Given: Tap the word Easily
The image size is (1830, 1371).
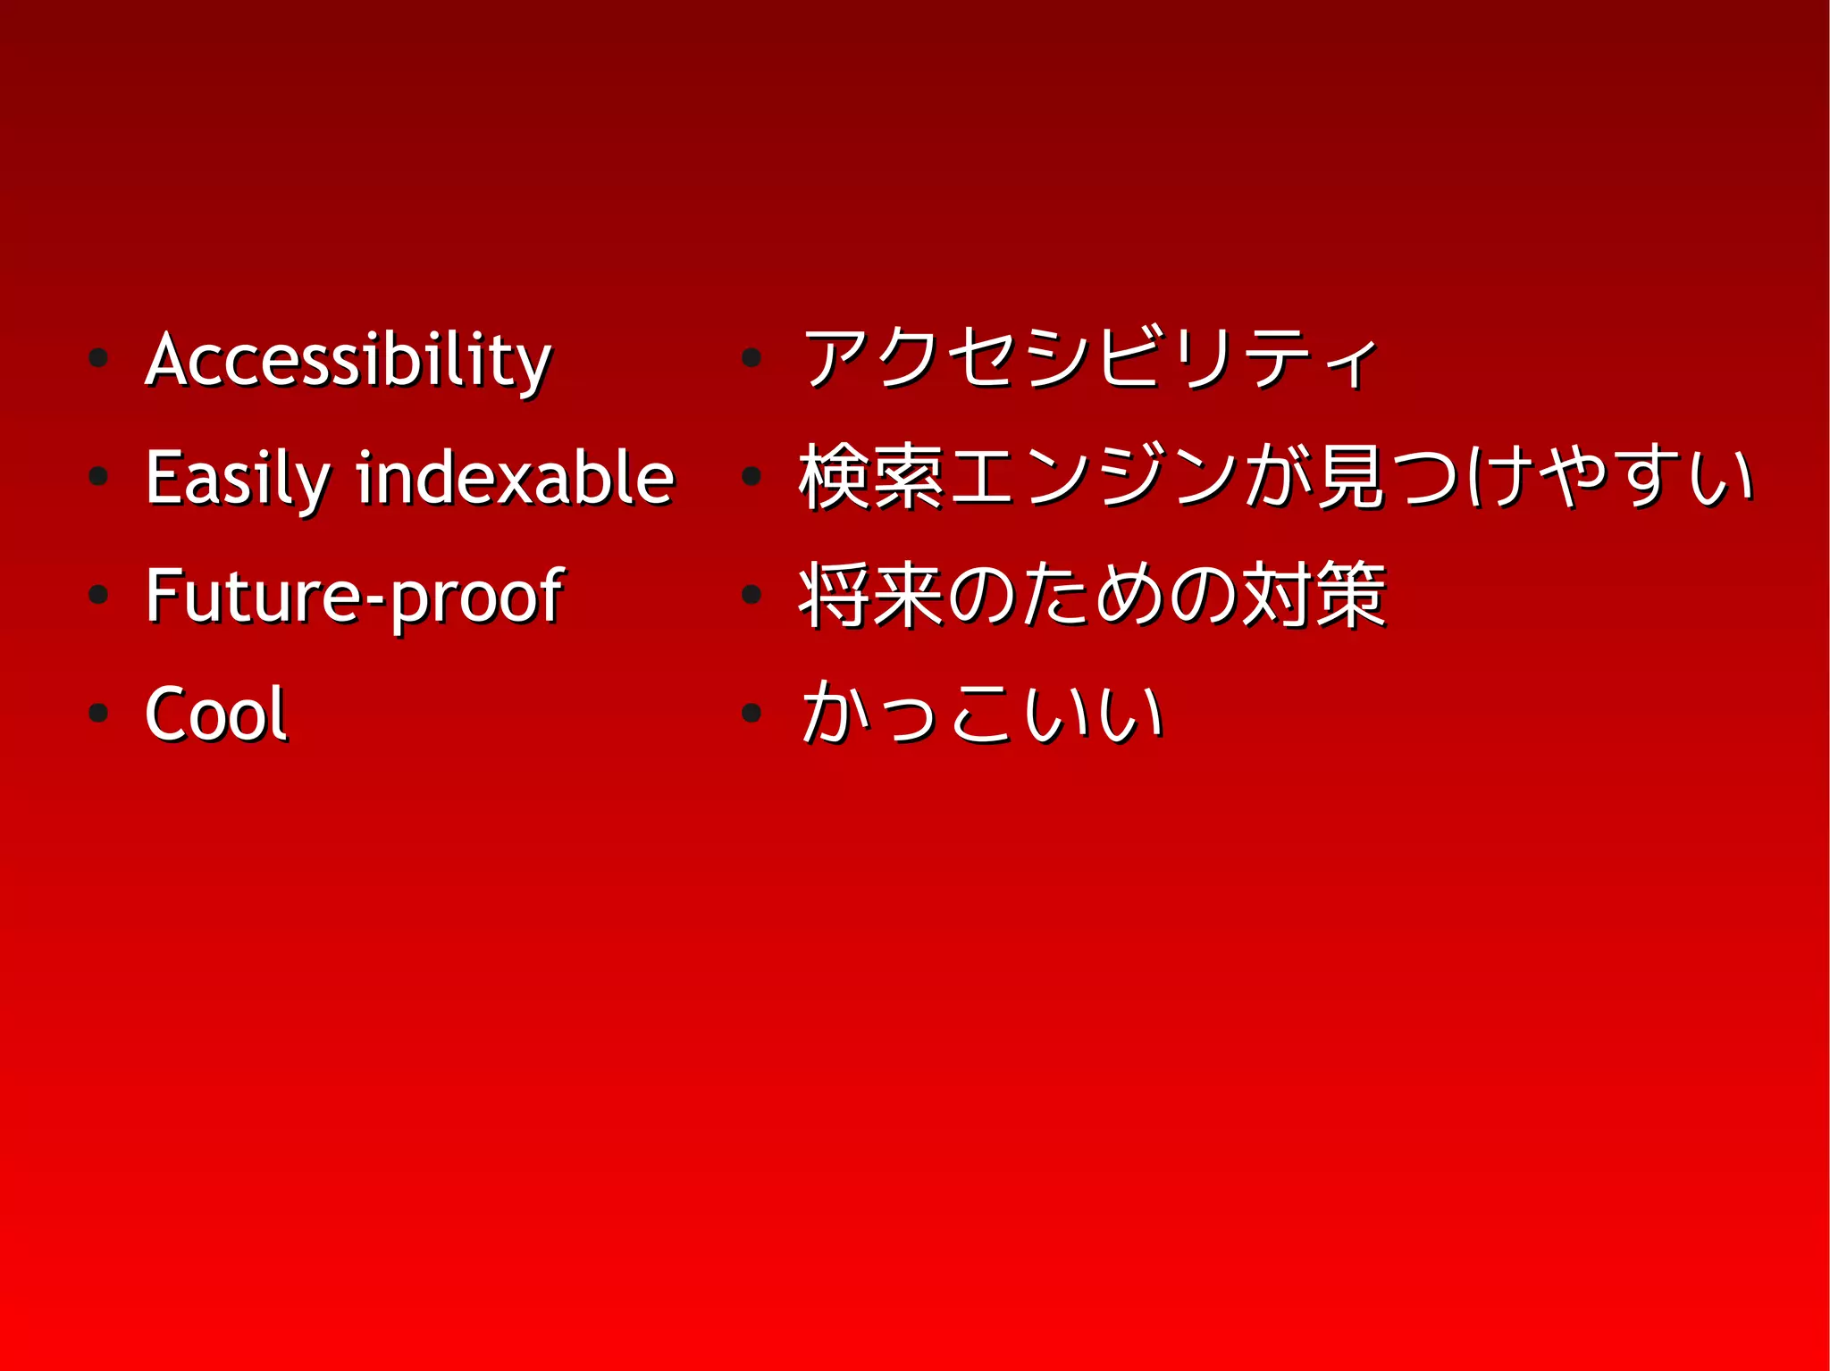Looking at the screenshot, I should tap(237, 478).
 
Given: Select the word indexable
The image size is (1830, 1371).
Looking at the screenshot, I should tap(515, 478).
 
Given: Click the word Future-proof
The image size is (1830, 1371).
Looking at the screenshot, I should tap(354, 596).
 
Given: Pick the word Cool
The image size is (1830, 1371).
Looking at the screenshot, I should tap(215, 714).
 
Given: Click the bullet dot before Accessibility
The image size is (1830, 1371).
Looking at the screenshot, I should tap(98, 359).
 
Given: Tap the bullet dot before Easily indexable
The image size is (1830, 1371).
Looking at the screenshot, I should tap(98, 477).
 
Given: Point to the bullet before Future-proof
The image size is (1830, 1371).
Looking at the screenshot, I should tap(98, 595).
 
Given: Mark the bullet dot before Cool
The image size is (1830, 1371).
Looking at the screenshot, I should tap(98, 713).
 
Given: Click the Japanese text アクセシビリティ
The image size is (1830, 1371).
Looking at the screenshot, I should tap(1090, 359).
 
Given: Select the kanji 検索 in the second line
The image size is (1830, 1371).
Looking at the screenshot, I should tap(872, 477).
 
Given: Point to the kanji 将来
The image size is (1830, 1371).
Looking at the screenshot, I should tap(872, 596).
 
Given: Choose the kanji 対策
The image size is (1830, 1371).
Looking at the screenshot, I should tap(1314, 596).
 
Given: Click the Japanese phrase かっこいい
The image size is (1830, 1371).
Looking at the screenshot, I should tap(983, 714).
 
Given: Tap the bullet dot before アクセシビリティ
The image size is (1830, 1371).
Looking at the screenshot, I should tap(751, 359).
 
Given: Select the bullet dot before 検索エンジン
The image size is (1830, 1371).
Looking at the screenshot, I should tap(751, 477).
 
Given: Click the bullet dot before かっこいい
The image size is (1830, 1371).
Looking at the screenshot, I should tap(751, 713).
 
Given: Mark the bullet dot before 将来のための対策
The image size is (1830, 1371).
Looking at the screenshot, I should tap(751, 595).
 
